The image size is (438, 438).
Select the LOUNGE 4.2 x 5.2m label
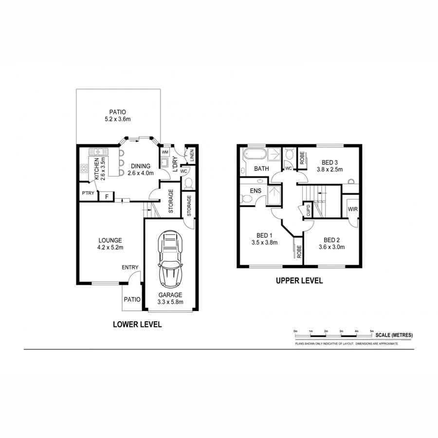[109, 244]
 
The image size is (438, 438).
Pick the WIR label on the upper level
[352, 209]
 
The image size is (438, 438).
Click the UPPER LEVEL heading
[299, 280]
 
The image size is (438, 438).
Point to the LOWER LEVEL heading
[137, 324]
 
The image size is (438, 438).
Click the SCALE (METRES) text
[394, 335]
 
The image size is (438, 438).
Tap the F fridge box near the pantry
[106, 197]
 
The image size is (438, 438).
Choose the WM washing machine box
[165, 152]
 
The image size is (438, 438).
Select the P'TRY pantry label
[88, 194]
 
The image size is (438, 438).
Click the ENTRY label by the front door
[130, 267]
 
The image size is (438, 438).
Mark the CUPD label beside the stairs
[308, 210]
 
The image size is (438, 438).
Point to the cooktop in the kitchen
[84, 169]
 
